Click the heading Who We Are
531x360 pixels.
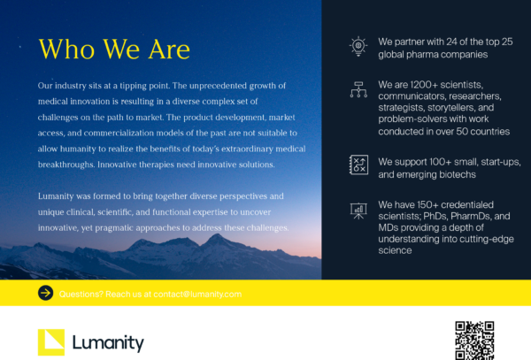(114, 49)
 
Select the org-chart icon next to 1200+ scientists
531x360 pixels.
(358, 88)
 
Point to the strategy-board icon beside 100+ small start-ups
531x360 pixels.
(358, 165)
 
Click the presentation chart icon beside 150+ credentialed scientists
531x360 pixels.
(358, 210)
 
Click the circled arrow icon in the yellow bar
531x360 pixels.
(45, 294)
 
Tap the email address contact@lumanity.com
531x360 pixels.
(196, 294)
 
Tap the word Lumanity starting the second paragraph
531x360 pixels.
(59, 195)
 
